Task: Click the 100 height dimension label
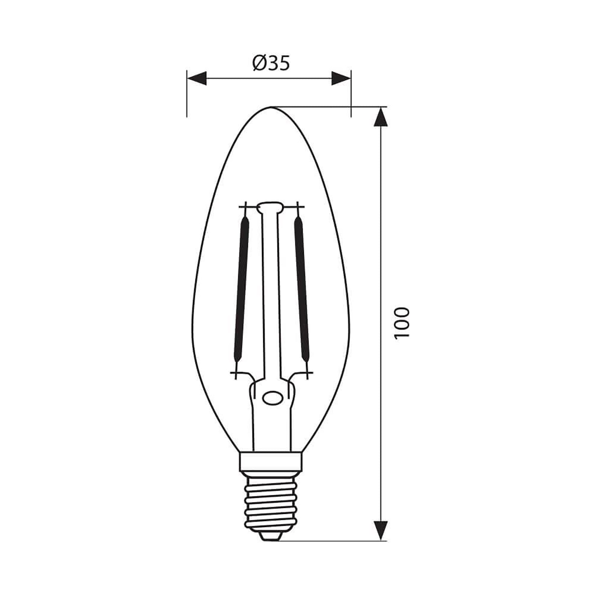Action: click(402, 322)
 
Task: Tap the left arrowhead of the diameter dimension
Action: click(196, 78)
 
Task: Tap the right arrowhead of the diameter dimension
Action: click(341, 78)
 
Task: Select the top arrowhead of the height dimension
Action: click(380, 117)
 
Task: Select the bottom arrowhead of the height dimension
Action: click(380, 530)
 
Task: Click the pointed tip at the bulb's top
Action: click(271, 108)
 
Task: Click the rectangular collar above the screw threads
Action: click(271, 461)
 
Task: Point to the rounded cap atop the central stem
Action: click(270, 207)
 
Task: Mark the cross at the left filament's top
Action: click(245, 207)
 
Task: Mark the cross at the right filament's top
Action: click(297, 207)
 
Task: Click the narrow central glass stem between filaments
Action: click(270, 297)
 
